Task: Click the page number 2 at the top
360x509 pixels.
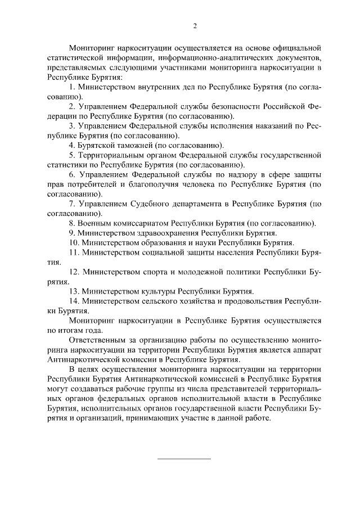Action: point(195,25)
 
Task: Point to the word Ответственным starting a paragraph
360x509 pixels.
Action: point(97,340)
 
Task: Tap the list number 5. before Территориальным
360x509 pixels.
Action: point(72,155)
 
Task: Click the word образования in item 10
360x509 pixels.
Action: point(159,243)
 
